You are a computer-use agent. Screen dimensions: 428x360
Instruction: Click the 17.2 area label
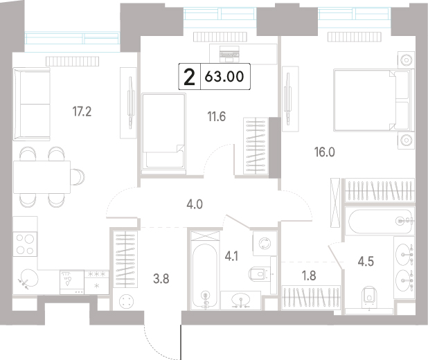pyautogui.click(x=82, y=111)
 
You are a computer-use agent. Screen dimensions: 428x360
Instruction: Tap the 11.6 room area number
pyautogui.click(x=217, y=117)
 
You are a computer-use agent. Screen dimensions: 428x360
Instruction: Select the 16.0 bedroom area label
pyautogui.click(x=325, y=152)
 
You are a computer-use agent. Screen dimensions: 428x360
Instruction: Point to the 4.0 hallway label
pyautogui.click(x=195, y=204)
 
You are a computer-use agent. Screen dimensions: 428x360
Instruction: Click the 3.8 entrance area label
pyautogui.click(x=161, y=279)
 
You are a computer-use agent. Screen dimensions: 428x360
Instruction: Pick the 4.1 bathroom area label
pyautogui.click(x=231, y=257)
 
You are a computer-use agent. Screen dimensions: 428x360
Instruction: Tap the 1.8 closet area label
pyautogui.click(x=309, y=276)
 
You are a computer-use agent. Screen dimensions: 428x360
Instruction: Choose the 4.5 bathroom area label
pyautogui.click(x=366, y=262)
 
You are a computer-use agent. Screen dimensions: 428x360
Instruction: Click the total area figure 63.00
pyautogui.click(x=224, y=76)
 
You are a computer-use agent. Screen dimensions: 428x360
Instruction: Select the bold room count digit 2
pyautogui.click(x=190, y=77)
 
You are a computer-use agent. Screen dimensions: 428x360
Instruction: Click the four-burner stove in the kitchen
pyautogui.click(x=25, y=244)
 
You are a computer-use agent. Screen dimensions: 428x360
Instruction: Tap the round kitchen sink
pyautogui.click(x=29, y=278)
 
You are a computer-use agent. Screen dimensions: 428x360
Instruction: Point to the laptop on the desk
pyautogui.click(x=229, y=54)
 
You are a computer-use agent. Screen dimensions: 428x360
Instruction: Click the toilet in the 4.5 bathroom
pyautogui.click(x=369, y=296)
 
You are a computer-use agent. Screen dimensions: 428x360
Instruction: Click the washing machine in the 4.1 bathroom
pyautogui.click(x=265, y=243)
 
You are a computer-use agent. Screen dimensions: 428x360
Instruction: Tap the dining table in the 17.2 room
pyautogui.click(x=42, y=177)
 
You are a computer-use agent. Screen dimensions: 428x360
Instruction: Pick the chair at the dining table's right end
pyautogui.click(x=78, y=177)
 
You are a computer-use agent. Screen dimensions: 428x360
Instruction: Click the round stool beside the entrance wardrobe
pyautogui.click(x=127, y=301)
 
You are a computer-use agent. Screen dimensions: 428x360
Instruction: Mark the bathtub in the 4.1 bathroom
pyautogui.click(x=205, y=276)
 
